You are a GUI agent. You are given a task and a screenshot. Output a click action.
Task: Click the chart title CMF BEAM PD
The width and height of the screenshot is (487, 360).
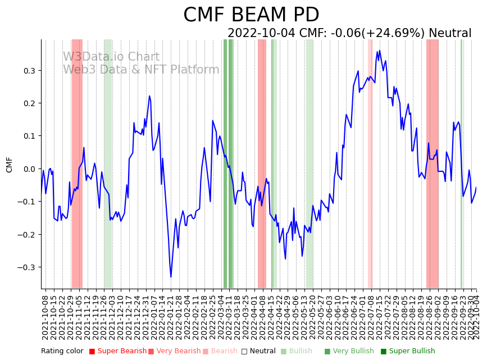(251, 15)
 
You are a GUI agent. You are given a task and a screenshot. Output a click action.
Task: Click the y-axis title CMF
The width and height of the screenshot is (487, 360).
(9, 165)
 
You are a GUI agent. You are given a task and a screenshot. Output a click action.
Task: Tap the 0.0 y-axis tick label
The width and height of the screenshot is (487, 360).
(29, 169)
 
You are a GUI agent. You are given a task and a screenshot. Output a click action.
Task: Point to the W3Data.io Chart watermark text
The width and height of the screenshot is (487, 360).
(111, 57)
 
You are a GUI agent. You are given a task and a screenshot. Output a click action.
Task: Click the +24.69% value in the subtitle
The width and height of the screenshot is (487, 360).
(396, 33)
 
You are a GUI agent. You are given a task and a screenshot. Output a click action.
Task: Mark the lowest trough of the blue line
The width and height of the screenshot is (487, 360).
(171, 277)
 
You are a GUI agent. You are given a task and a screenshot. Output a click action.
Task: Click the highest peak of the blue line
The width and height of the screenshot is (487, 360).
(380, 51)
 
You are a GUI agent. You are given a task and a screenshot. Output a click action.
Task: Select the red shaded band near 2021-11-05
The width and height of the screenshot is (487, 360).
(77, 163)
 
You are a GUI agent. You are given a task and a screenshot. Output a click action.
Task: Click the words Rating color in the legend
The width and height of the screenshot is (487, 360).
(62, 352)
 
